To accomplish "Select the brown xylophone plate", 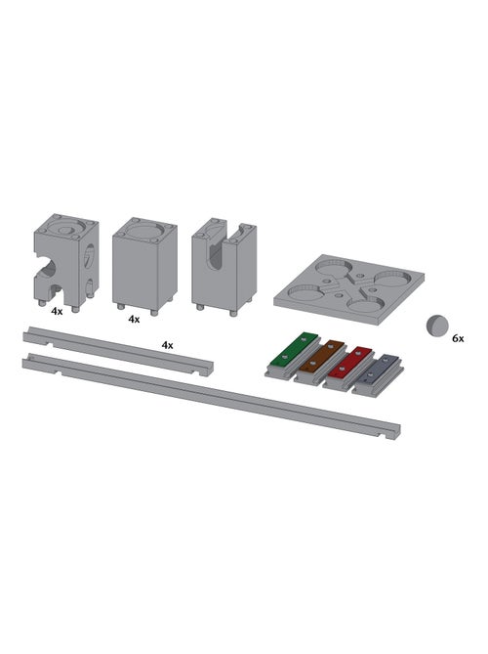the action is pos(322,356).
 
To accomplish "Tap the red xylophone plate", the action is pos(349,361).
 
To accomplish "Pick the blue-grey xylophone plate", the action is pos(378,370).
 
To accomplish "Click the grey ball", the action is pos(437,326).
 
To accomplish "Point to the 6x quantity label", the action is pos(458,338).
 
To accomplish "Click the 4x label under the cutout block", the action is pos(57,311).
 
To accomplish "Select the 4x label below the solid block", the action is pos(134,319).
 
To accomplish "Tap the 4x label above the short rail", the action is pos(168,345).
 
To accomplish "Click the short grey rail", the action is pos(118,351).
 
